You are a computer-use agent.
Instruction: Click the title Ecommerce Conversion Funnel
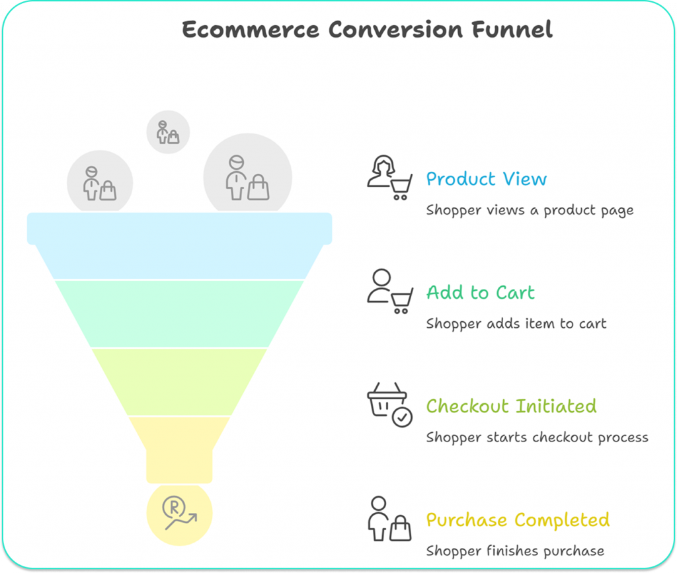pyautogui.click(x=367, y=30)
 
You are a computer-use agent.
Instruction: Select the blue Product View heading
pyautogui.click(x=486, y=179)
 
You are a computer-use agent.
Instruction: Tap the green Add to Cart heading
pyautogui.click(x=480, y=293)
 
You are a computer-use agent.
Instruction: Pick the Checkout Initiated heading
pyautogui.click(x=511, y=406)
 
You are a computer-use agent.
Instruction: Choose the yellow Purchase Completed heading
pyautogui.click(x=518, y=520)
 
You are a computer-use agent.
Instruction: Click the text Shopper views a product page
pyautogui.click(x=530, y=210)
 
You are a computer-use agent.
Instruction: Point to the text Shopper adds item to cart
pyautogui.click(x=516, y=324)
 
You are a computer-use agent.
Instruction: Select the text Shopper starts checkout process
pyautogui.click(x=537, y=438)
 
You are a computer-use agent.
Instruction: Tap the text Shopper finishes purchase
pyautogui.click(x=515, y=551)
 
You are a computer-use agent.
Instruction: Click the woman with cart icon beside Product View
pyautogui.click(x=389, y=177)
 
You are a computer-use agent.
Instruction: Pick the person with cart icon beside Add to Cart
pyautogui.click(x=389, y=291)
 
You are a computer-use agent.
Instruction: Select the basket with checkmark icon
pyautogui.click(x=389, y=404)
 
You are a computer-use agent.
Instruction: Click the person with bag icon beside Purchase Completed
pyautogui.click(x=389, y=519)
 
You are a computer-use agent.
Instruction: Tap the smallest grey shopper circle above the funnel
pyautogui.click(x=168, y=132)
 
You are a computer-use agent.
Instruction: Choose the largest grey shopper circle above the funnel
pyautogui.click(x=247, y=175)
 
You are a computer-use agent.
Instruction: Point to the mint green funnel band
pyautogui.click(x=179, y=313)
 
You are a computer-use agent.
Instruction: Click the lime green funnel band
pyautogui.click(x=179, y=381)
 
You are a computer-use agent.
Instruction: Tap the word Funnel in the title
pyautogui.click(x=514, y=30)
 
